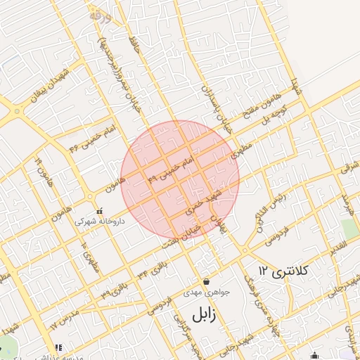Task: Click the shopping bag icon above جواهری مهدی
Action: pyautogui.click(x=205, y=281)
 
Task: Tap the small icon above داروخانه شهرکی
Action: pyautogui.click(x=99, y=210)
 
